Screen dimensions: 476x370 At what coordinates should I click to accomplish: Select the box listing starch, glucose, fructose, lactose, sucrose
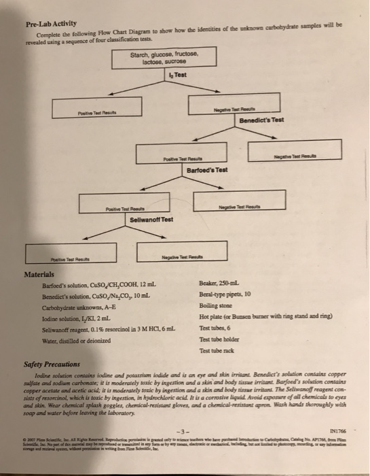pos(163,60)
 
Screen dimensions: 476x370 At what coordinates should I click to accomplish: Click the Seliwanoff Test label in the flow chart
pos(151,219)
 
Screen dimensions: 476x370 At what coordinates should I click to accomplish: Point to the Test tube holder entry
pos(221,339)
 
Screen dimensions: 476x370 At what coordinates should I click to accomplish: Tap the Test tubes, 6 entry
pos(217,328)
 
